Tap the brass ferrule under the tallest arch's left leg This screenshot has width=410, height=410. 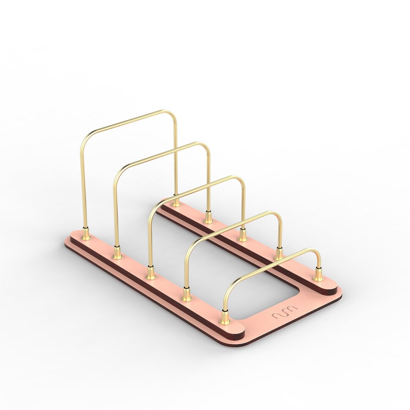[x=86, y=235]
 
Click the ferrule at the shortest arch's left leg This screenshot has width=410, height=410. [x=225, y=318]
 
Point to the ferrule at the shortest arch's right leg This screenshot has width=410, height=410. [x=318, y=276]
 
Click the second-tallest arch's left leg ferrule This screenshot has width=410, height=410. [x=117, y=254]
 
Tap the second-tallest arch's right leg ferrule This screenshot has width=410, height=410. [x=208, y=218]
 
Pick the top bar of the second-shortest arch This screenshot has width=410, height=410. [x=232, y=226]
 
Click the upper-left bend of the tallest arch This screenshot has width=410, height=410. [x=85, y=139]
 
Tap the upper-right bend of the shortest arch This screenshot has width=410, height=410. [x=317, y=252]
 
